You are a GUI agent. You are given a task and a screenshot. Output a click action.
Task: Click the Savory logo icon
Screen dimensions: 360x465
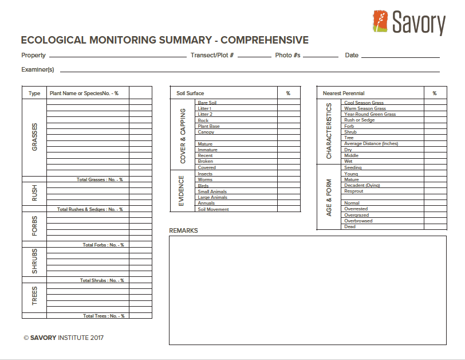pyautogui.click(x=380, y=22)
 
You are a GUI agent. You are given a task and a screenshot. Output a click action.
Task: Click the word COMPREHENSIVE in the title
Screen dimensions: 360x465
pyautogui.click(x=265, y=40)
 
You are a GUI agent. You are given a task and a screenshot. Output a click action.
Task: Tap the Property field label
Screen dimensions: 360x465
pyautogui.click(x=33, y=56)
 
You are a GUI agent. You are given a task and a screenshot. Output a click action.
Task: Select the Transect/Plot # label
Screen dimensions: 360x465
pyautogui.click(x=212, y=56)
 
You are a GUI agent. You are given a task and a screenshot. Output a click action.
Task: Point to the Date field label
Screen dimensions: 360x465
pyautogui.click(x=352, y=56)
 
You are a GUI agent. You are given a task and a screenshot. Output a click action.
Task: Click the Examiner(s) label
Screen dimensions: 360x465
pyautogui.click(x=38, y=69)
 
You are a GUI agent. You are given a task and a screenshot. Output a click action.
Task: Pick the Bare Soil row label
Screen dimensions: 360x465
pyautogui.click(x=207, y=103)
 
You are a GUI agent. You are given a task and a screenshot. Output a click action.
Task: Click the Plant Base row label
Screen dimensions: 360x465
pyautogui.click(x=208, y=126)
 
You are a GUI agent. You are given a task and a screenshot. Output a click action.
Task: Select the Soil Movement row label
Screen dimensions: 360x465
pyautogui.click(x=213, y=209)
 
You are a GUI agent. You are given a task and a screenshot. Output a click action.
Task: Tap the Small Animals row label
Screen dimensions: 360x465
pyautogui.click(x=212, y=191)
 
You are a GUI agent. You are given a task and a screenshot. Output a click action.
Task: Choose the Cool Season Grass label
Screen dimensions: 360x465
pyautogui.click(x=364, y=103)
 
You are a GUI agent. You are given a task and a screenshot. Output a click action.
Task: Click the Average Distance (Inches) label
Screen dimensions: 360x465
pyautogui.click(x=371, y=144)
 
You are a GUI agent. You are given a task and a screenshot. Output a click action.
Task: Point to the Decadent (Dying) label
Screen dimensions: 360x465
pyautogui.click(x=362, y=185)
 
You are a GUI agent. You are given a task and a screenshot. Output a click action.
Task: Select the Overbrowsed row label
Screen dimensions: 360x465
pyautogui.click(x=358, y=221)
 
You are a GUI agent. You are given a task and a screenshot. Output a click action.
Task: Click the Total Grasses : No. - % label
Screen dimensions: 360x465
pyautogui.click(x=100, y=179)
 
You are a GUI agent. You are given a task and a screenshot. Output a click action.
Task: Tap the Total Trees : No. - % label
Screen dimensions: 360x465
pyautogui.click(x=103, y=316)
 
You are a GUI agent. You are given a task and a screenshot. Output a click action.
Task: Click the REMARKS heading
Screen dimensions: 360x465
pyautogui.click(x=183, y=230)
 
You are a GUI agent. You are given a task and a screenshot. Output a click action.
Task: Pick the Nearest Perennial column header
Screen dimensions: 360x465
pyautogui.click(x=344, y=93)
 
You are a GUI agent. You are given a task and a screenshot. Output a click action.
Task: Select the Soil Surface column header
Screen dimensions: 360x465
pyautogui.click(x=190, y=93)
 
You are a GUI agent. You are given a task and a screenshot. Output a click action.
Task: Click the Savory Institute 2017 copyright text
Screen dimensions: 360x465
pyautogui.click(x=64, y=338)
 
